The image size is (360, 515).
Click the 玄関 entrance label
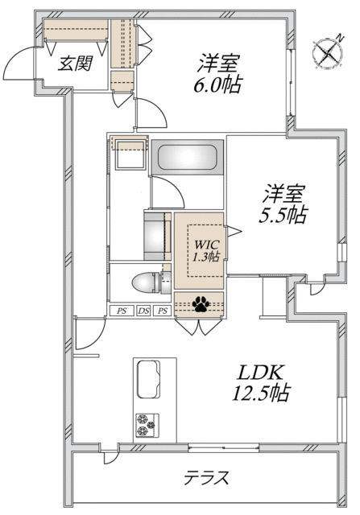75,64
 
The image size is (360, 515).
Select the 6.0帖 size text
217,85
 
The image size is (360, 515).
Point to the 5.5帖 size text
283,216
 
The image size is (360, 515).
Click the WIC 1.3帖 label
206,250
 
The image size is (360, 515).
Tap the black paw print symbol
201,304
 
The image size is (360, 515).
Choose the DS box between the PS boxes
143,311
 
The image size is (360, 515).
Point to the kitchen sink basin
149,379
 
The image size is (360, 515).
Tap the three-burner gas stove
147,426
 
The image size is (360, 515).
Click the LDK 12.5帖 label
261,383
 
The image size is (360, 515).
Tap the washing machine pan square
130,154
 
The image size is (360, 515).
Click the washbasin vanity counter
158,236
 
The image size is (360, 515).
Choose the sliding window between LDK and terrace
224,447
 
